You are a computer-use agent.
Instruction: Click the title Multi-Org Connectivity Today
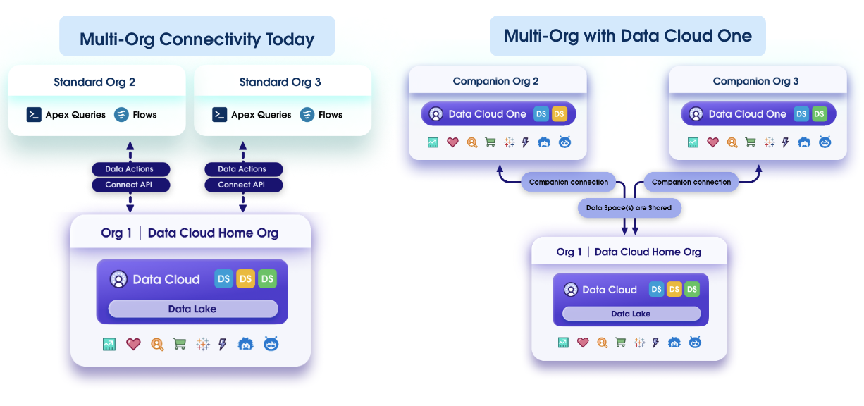(197, 39)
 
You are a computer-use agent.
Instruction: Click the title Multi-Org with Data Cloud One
(627, 36)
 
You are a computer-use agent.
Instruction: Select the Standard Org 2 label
(94, 82)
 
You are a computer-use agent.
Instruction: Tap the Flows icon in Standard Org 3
(307, 115)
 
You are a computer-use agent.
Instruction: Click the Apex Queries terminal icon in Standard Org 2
(34, 115)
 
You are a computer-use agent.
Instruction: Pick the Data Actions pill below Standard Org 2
(131, 169)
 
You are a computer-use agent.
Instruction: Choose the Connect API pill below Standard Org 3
(243, 185)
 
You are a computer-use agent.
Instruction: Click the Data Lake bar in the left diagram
(192, 309)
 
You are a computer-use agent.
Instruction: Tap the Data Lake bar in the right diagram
(631, 314)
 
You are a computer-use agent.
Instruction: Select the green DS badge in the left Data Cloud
(267, 279)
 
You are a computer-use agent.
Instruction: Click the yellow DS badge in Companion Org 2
(560, 113)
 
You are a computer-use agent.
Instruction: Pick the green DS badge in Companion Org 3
(819, 113)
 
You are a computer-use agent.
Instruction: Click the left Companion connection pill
(568, 182)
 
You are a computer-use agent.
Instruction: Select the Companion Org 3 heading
(755, 81)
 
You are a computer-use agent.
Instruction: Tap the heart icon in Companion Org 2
(452, 142)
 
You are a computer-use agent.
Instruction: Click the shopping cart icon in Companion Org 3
(751, 142)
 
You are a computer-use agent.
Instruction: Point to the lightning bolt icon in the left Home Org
(223, 344)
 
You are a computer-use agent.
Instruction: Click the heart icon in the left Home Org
(133, 344)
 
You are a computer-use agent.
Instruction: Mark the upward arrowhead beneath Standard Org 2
(130, 145)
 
